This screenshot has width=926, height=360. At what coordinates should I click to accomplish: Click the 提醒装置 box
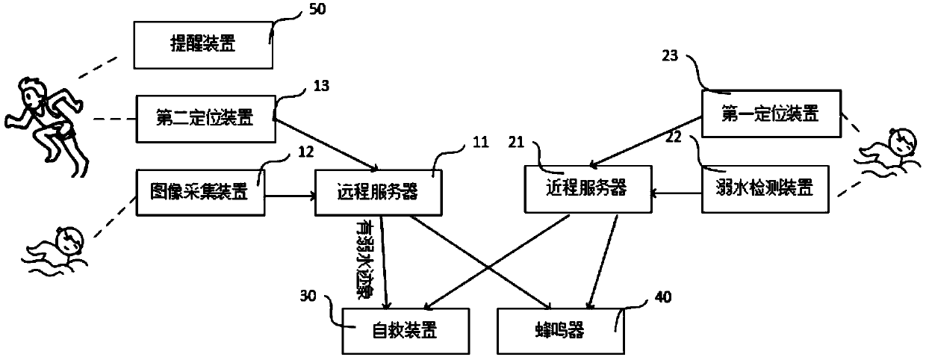(202, 44)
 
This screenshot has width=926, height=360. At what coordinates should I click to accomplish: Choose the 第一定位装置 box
(771, 114)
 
